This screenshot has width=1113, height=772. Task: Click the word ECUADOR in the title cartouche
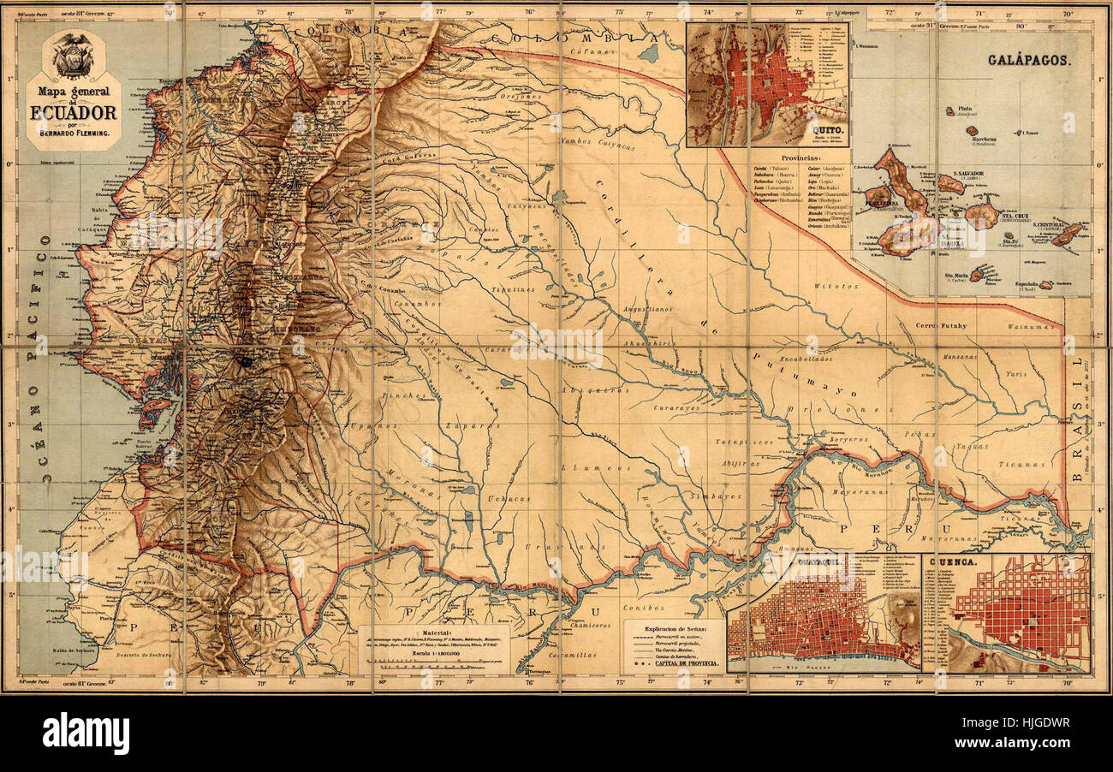pos(74,112)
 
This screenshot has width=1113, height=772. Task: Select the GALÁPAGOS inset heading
pos(1027,61)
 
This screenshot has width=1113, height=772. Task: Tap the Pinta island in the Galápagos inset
pos(951,111)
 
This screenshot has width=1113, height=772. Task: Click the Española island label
pos(1027,285)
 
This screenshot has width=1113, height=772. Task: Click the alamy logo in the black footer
pos(86,734)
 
